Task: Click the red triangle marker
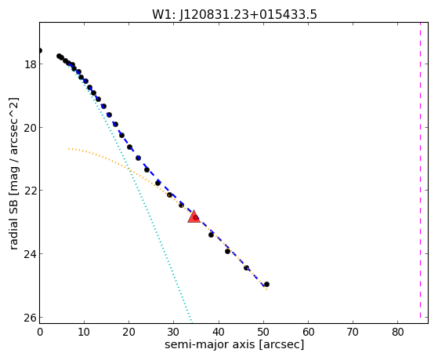(194, 216)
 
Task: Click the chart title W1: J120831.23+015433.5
(234, 15)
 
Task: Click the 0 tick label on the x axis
(40, 332)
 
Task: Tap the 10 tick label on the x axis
(84, 332)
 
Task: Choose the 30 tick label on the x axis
(173, 332)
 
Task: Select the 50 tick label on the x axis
(263, 332)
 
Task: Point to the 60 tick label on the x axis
(308, 332)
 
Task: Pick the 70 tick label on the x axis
(353, 332)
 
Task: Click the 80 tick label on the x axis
(398, 332)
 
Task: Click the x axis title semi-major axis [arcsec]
(234, 344)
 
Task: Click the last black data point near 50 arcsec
(266, 284)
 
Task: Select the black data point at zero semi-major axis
(40, 51)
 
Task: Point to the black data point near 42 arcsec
(227, 251)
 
